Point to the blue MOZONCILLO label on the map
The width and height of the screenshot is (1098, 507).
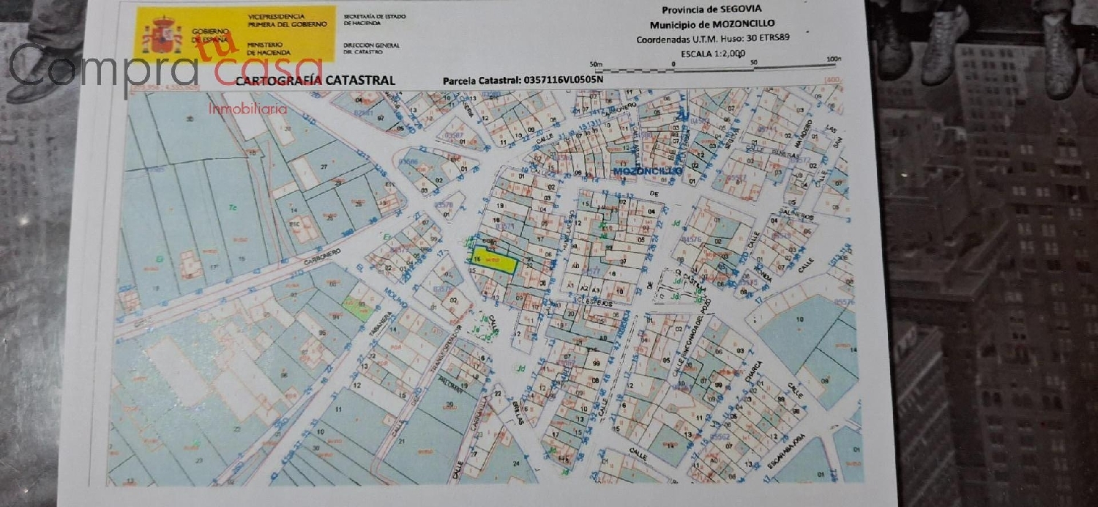pos(648,171)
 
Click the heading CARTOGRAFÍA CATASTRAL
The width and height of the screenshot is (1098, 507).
pos(315,81)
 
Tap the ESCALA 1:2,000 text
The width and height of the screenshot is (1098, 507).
pos(712,53)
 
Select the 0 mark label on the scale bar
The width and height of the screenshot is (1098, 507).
pos(673,63)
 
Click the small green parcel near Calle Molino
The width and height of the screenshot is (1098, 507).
pos(356,308)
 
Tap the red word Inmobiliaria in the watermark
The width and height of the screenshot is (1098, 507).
pos(247,108)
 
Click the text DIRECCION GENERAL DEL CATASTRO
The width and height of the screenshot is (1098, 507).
pos(371,49)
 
